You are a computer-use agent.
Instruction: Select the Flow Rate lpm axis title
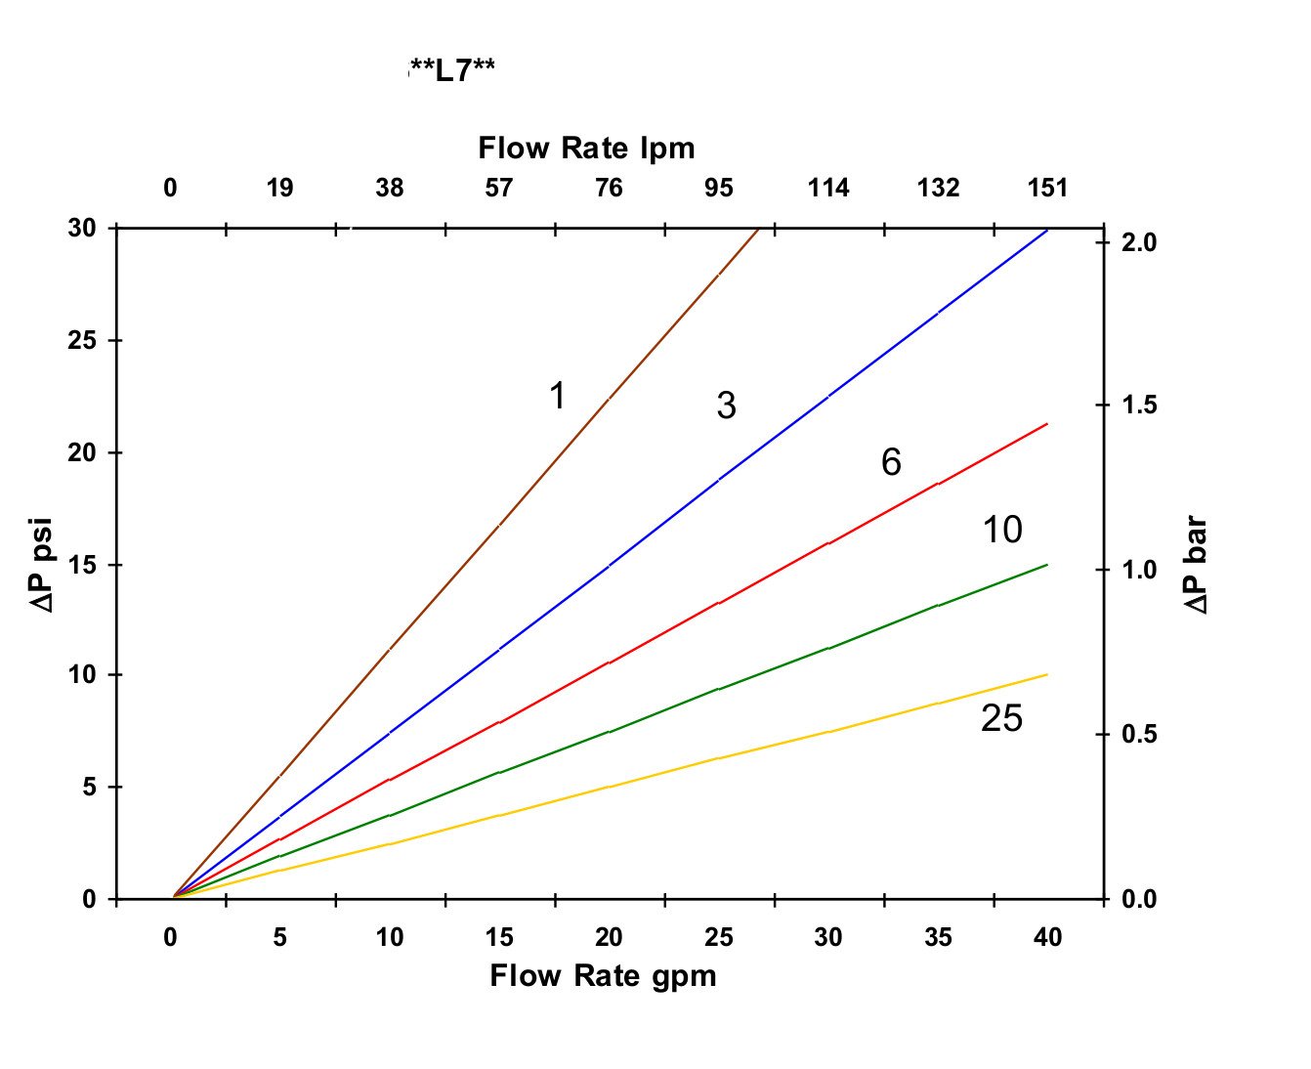586,149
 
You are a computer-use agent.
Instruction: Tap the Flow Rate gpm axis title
603,976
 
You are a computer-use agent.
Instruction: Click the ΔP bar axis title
1197,566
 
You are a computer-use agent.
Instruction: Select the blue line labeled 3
609,566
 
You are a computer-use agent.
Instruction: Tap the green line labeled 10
718,689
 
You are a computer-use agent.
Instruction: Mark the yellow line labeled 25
718,758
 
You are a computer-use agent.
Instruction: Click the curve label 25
1001,718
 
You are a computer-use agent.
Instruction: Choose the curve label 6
891,462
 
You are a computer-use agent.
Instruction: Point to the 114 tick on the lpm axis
828,188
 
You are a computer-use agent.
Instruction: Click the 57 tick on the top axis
498,188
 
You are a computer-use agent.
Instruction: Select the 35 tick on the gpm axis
938,938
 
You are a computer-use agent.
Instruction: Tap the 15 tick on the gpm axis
498,938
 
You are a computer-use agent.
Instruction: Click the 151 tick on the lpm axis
1047,188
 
